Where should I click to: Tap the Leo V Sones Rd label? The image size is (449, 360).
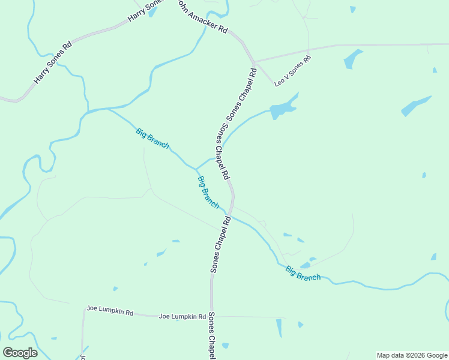click(x=293, y=70)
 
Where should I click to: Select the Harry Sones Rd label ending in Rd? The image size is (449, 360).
click(x=53, y=62)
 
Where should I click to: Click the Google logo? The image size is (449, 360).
click(x=20, y=352)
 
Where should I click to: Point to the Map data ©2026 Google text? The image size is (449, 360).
click(x=412, y=355)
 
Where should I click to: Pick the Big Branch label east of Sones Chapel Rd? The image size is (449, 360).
click(x=303, y=273)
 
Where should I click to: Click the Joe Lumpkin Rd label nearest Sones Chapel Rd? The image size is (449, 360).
click(x=182, y=316)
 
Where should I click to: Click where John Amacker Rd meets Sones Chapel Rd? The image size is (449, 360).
click(x=254, y=62)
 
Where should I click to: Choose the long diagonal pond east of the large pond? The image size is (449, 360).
click(x=416, y=106)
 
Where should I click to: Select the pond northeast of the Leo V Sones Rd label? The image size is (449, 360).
click(x=352, y=59)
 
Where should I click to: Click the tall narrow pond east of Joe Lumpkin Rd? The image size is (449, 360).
click(x=279, y=328)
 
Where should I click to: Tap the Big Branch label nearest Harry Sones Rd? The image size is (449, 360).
click(x=152, y=138)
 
